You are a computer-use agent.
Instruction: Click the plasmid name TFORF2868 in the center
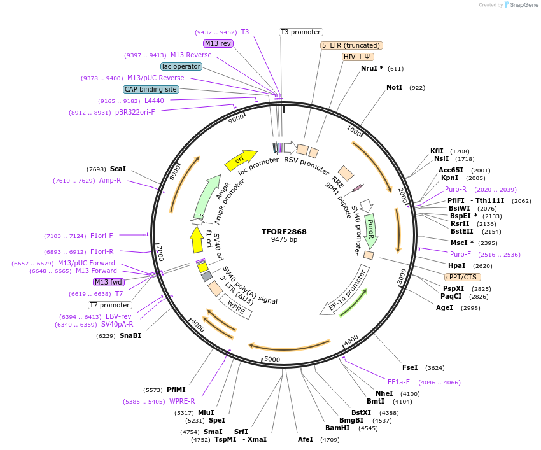click(x=284, y=232)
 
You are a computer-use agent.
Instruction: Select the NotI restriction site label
click(x=394, y=87)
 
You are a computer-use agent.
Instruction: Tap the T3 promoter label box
click(x=301, y=32)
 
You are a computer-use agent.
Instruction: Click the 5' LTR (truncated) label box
click(x=351, y=45)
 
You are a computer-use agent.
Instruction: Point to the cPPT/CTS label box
click(x=463, y=277)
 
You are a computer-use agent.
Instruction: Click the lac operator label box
click(x=181, y=66)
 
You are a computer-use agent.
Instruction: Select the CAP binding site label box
click(x=151, y=90)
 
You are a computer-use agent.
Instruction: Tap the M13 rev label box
click(x=218, y=43)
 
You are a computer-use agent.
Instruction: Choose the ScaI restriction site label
click(x=118, y=169)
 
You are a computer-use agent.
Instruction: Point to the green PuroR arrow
click(x=371, y=230)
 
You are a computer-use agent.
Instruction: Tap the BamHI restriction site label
click(x=337, y=428)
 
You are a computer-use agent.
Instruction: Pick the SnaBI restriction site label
click(x=130, y=335)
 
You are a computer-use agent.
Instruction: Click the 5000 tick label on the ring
click(x=272, y=360)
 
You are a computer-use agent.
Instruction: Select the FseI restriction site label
click(x=410, y=367)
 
